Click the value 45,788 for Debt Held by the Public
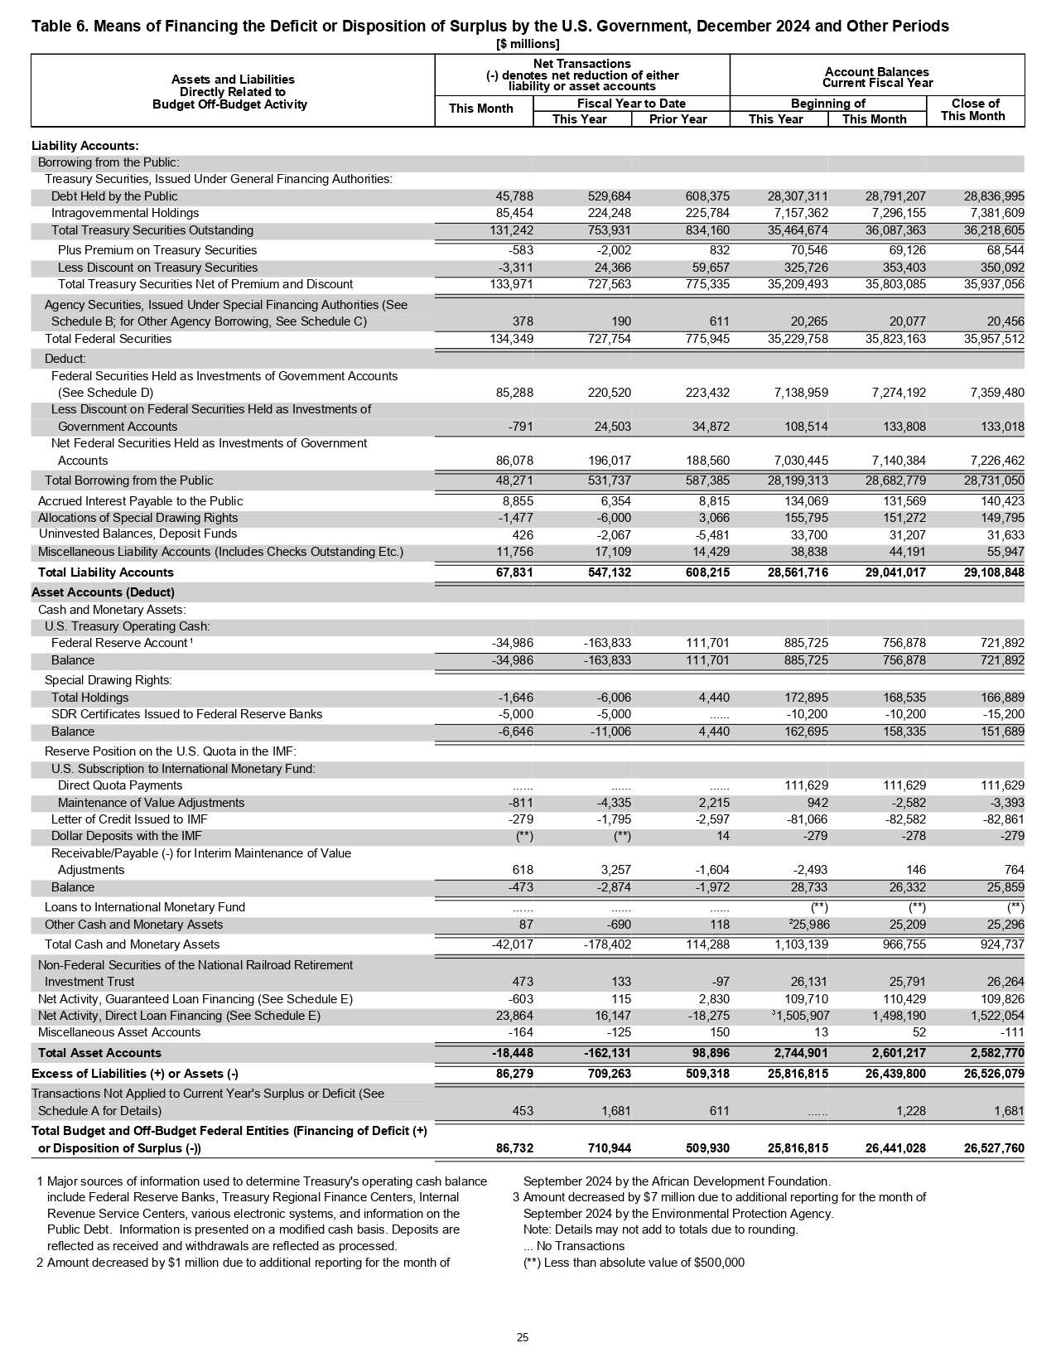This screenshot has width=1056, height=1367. click(x=514, y=196)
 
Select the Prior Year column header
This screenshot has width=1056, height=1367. click(x=678, y=119)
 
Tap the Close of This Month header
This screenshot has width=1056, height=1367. click(x=974, y=109)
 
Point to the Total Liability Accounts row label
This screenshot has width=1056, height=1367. click(x=106, y=572)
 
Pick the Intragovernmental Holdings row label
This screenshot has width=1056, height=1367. click(x=125, y=213)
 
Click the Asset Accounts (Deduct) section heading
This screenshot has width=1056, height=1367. click(x=103, y=592)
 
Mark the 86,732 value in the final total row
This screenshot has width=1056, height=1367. click(x=514, y=1148)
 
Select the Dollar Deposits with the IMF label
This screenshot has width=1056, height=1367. click(x=127, y=836)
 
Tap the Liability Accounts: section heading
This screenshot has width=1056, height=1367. click(x=85, y=146)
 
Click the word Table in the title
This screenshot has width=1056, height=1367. click(x=50, y=27)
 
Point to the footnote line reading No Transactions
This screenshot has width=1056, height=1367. click(x=574, y=1246)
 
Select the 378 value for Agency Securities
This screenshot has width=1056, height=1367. click(x=523, y=321)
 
